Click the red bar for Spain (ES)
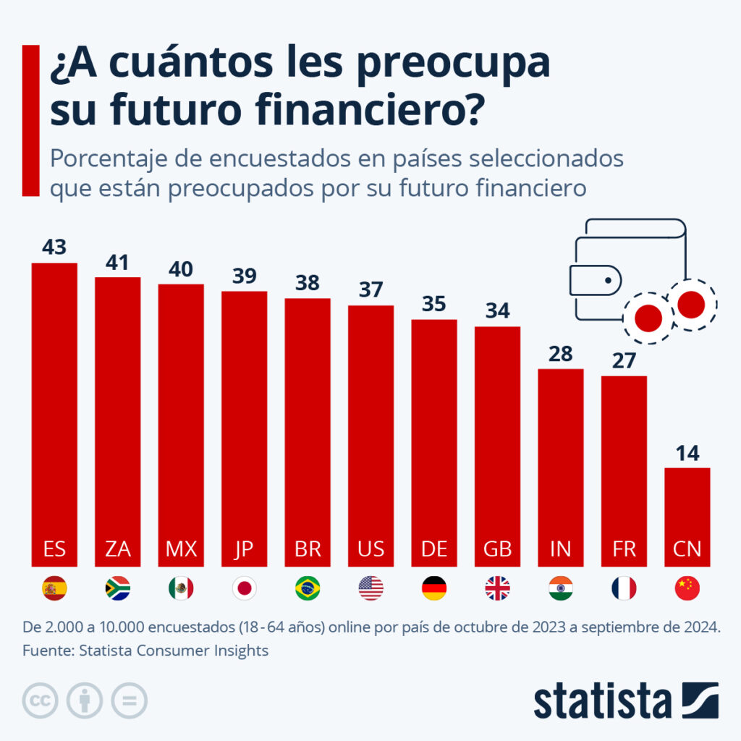tap(54, 412)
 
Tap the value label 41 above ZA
tap(117, 262)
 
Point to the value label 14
tap(687, 453)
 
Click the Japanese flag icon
tap(244, 588)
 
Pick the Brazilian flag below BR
tap(308, 588)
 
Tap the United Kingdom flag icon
tap(497, 588)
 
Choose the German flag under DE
tap(434, 588)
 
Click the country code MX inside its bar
tap(181, 549)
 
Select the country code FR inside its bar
tap(624, 549)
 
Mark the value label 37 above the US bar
tap(370, 290)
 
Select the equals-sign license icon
tap(129, 700)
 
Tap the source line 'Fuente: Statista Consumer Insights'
tap(145, 651)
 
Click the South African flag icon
tap(117, 588)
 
